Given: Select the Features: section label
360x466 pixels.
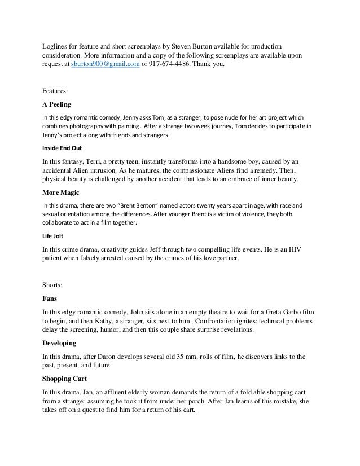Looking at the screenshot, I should coord(58,90).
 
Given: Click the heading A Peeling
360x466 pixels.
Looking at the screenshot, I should coord(59,104).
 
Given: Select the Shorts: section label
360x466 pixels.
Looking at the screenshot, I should coord(55,285).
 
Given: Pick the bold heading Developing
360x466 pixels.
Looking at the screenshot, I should coord(64,343).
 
